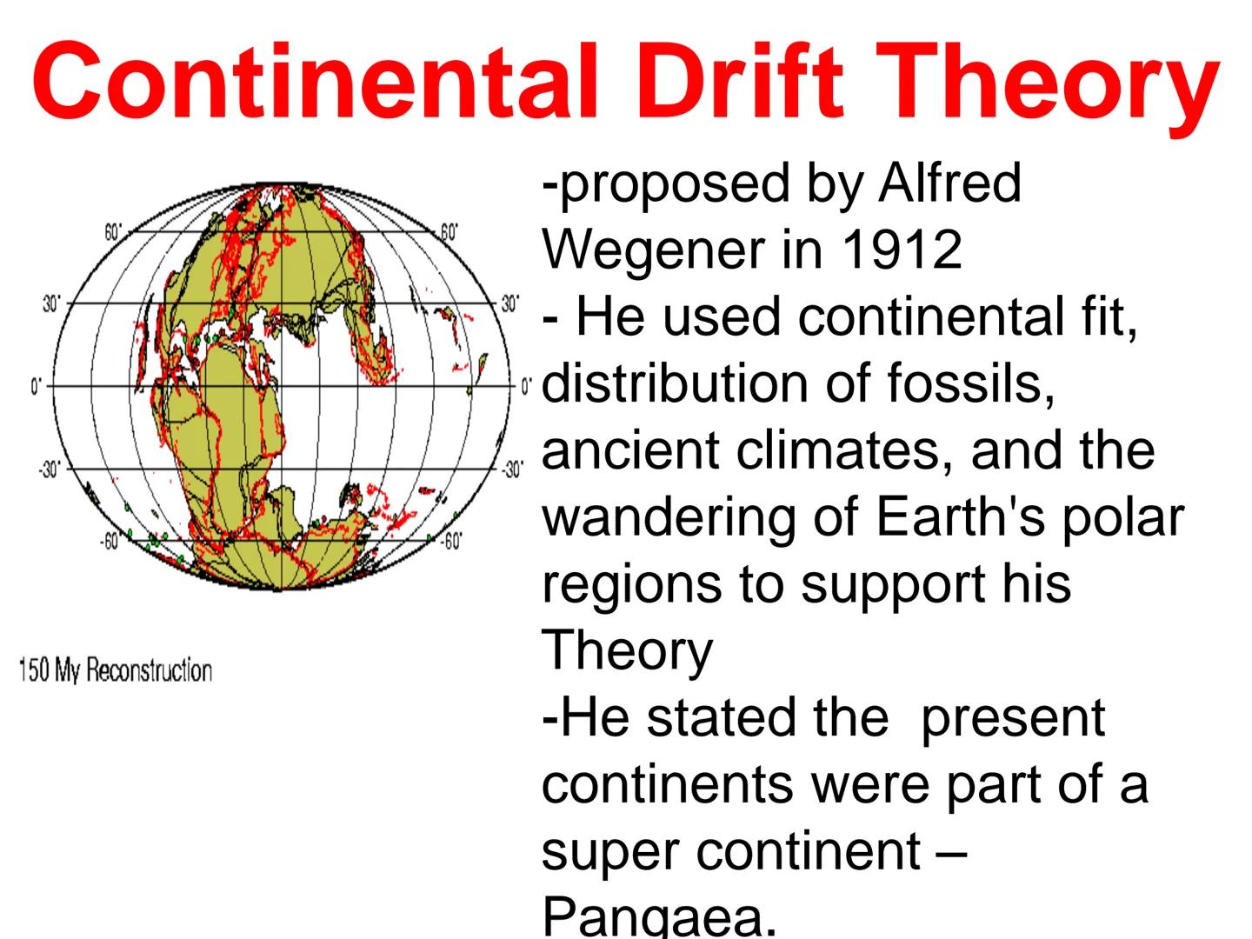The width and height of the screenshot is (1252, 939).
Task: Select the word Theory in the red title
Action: click(x=1049, y=83)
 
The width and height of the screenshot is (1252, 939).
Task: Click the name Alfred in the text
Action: click(x=949, y=183)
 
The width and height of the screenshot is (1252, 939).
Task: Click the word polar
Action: click(x=1122, y=518)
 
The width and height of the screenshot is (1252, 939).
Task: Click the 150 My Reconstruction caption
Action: click(x=115, y=671)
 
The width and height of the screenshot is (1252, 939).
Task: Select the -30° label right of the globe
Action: click(x=513, y=469)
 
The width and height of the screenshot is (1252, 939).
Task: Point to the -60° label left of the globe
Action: click(x=108, y=542)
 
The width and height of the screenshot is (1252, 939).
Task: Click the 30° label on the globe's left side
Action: click(x=51, y=304)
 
